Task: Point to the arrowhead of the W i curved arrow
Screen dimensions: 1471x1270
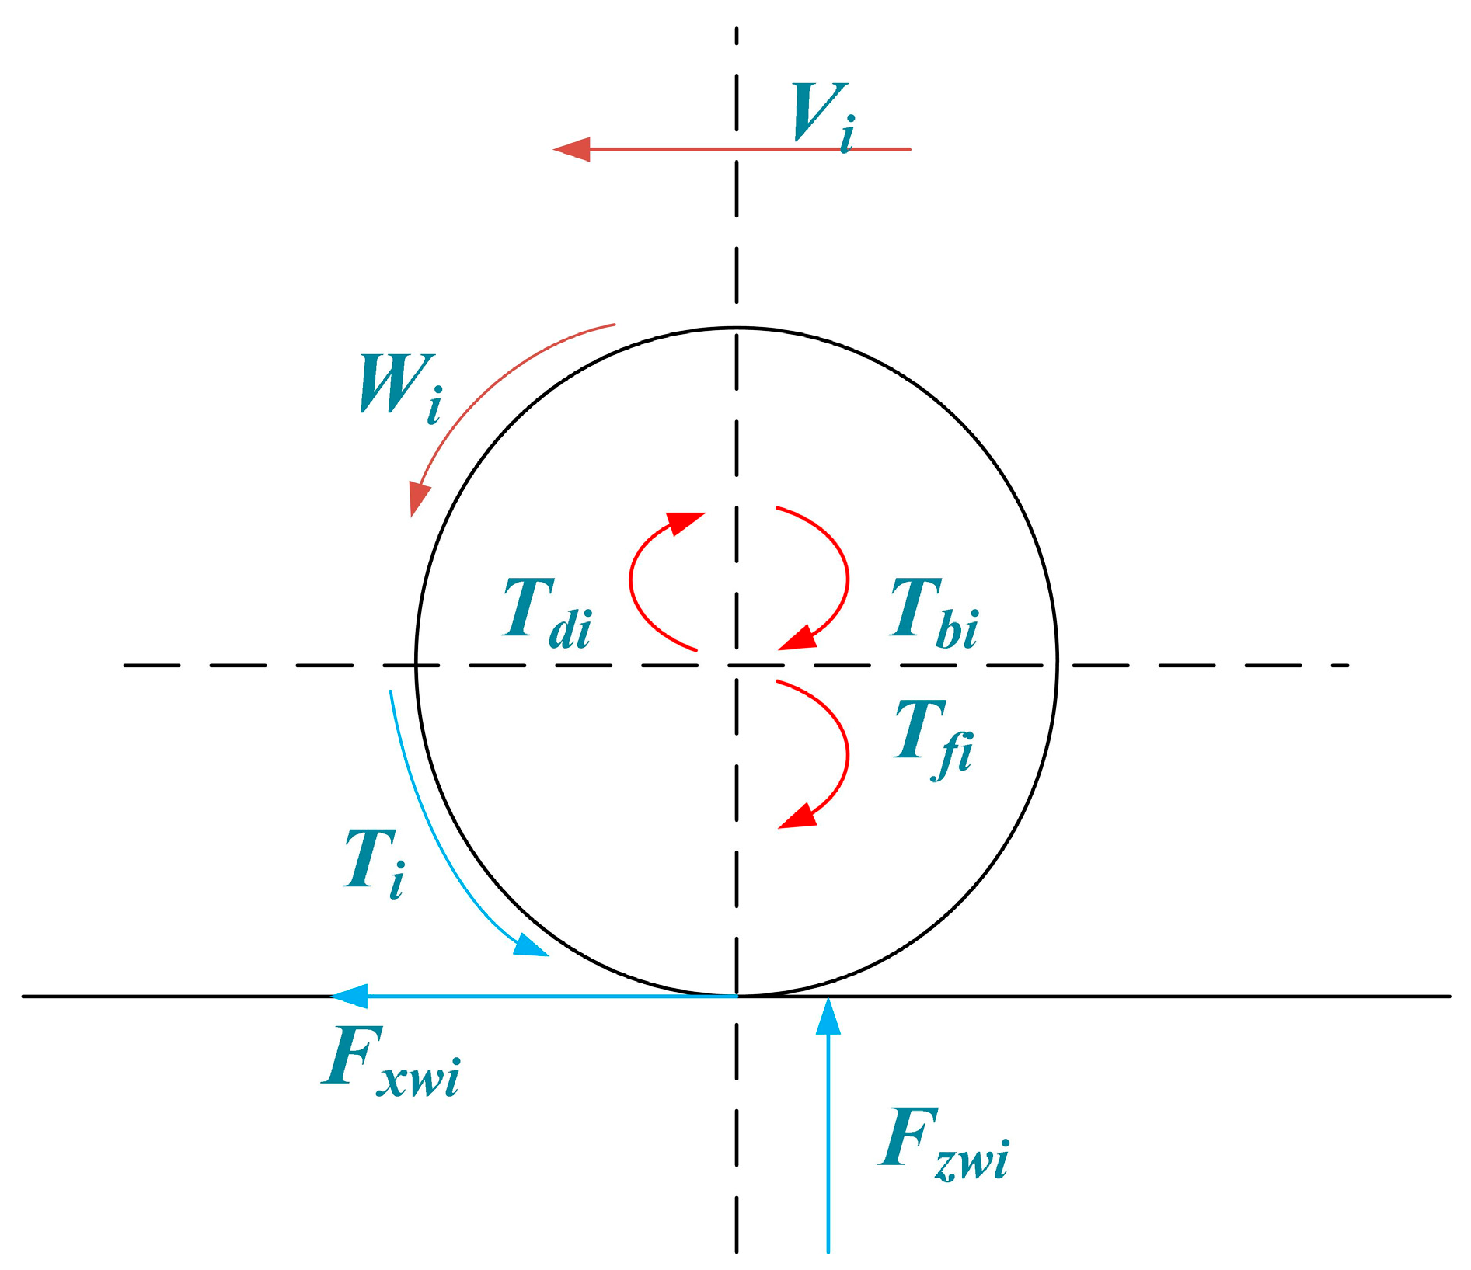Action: pyautogui.click(x=418, y=501)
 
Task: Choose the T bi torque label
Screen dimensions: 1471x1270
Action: pyautogui.click(x=933, y=614)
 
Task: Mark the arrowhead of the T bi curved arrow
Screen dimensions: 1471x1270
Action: pyautogui.click(x=796, y=640)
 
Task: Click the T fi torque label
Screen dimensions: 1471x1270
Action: pyautogui.click(x=933, y=736)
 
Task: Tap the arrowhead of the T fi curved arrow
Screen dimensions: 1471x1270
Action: pyautogui.click(x=796, y=819)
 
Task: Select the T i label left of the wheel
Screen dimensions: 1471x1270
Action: pyautogui.click(x=374, y=861)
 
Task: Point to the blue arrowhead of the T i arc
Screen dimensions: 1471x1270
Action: pyautogui.click(x=533, y=947)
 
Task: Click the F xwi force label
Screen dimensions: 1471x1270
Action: pyautogui.click(x=392, y=1059)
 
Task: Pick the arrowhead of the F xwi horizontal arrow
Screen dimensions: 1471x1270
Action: pyautogui.click(x=347, y=996)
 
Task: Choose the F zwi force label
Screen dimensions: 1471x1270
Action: pyautogui.click(x=944, y=1143)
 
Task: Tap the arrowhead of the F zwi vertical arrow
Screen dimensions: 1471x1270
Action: pyautogui.click(x=828, y=1014)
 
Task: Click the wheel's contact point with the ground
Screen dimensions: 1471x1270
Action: pyautogui.click(x=737, y=995)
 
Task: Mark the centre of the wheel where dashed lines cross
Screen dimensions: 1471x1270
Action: pyautogui.click(x=737, y=665)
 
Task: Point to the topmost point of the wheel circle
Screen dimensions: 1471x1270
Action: pyautogui.click(x=737, y=328)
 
